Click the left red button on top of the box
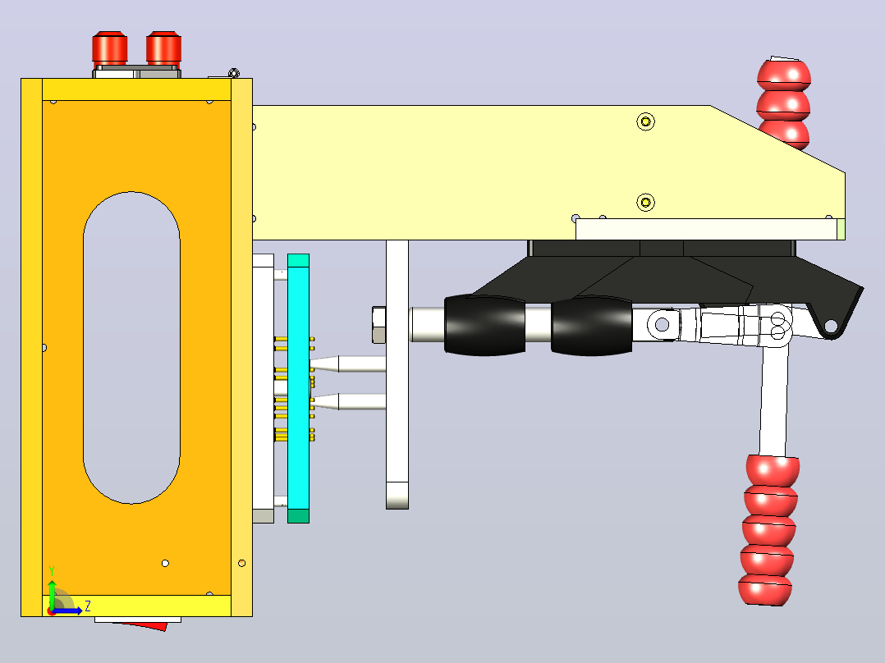(x=109, y=49)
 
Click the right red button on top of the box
(x=163, y=49)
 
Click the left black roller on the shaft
(x=485, y=325)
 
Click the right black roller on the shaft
(x=591, y=326)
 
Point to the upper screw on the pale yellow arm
(x=645, y=121)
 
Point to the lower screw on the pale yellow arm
(x=645, y=202)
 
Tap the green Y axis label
(x=52, y=571)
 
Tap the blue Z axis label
(x=88, y=606)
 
